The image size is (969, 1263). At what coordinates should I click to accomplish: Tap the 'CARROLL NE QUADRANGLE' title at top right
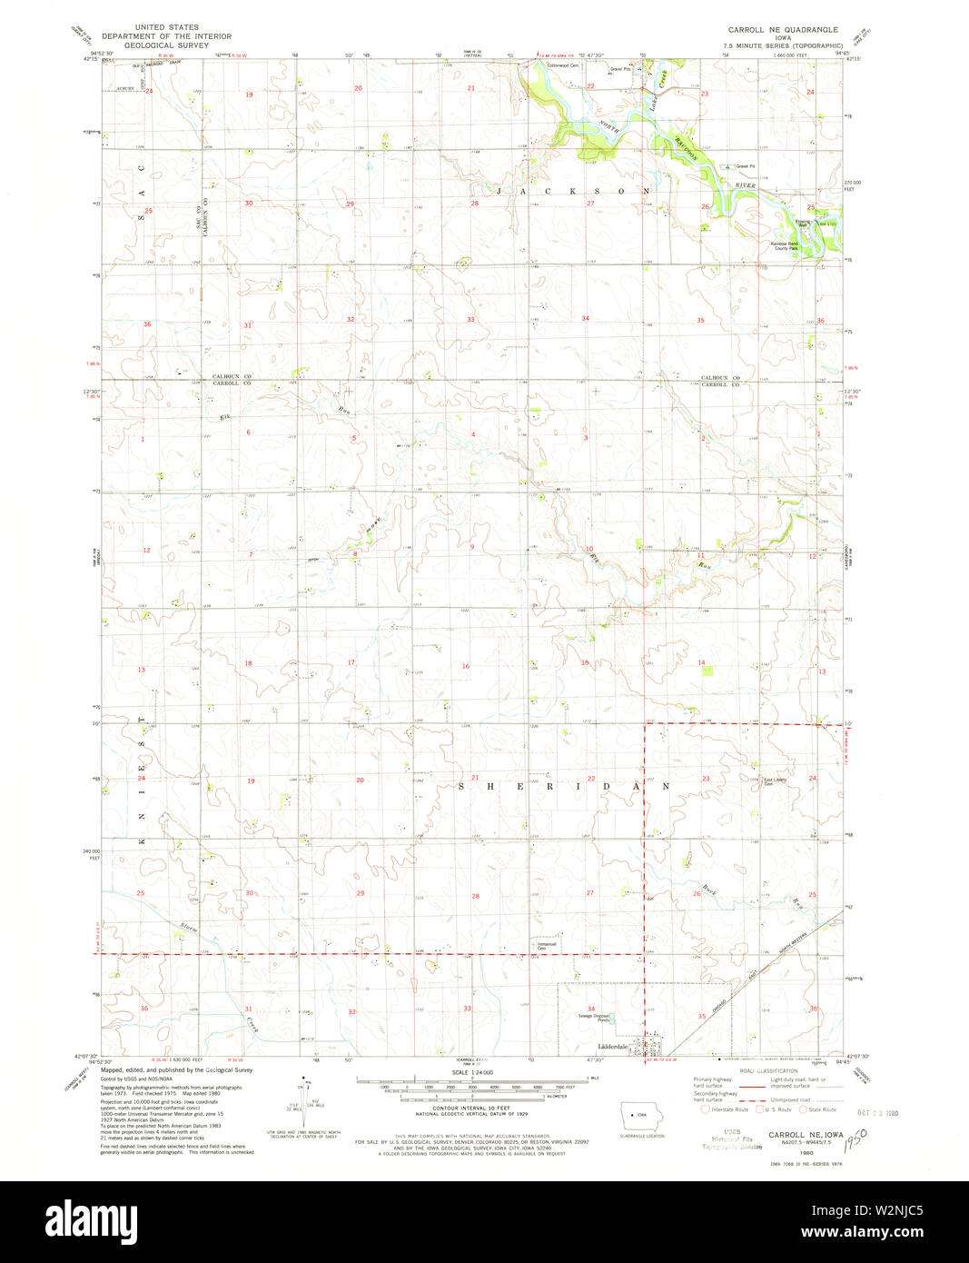pyautogui.click(x=783, y=30)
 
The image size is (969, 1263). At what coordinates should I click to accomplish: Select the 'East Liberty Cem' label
pyautogui.click(x=775, y=781)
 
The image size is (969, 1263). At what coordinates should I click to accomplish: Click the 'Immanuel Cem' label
pyautogui.click(x=547, y=946)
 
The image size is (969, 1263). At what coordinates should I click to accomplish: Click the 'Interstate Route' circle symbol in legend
pyautogui.click(x=706, y=1109)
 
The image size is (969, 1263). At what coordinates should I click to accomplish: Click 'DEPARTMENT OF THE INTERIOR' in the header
pyautogui.click(x=166, y=36)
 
